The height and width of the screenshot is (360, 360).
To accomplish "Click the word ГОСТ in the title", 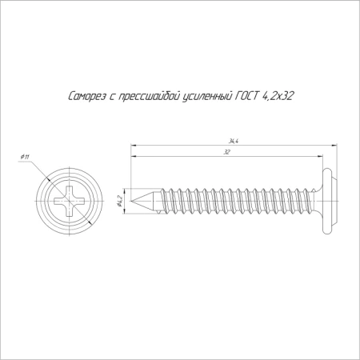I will (x=248, y=97).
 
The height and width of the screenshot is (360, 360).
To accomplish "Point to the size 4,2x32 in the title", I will (x=279, y=97).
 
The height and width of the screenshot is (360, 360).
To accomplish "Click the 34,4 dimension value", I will (x=233, y=141).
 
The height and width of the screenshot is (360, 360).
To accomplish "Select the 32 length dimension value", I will (x=226, y=151).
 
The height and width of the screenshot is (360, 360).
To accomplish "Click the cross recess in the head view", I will (x=71, y=200).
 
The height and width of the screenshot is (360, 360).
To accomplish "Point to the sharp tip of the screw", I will (x=133, y=200).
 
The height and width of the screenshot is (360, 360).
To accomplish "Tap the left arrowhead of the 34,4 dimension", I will (x=134, y=146).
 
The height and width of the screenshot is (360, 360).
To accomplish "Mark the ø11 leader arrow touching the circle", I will (x=46, y=178).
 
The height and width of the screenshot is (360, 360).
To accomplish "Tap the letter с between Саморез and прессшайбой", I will (x=107, y=98).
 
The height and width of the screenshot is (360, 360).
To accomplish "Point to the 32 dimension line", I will (x=184, y=156).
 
